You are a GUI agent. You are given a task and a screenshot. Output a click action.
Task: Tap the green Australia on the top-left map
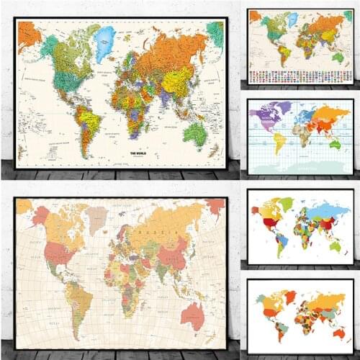tap(195, 132)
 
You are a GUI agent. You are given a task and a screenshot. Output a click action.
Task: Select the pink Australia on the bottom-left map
tap(194, 315)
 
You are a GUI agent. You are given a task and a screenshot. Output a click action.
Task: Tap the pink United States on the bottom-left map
tap(60, 254)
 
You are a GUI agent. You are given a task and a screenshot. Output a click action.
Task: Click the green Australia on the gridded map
tap(336, 144)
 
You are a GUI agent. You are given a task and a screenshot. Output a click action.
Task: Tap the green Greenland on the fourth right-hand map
tap(287, 204)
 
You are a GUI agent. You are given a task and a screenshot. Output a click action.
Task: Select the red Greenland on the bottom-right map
tap(290, 296)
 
